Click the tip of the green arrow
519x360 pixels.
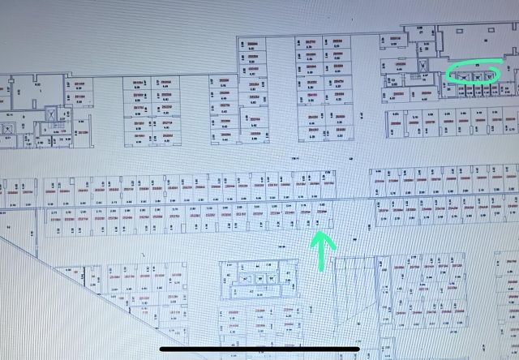(322, 234)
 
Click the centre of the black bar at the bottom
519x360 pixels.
(259, 350)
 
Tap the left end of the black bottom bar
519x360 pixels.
(163, 350)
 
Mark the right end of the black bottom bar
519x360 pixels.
(358, 350)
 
